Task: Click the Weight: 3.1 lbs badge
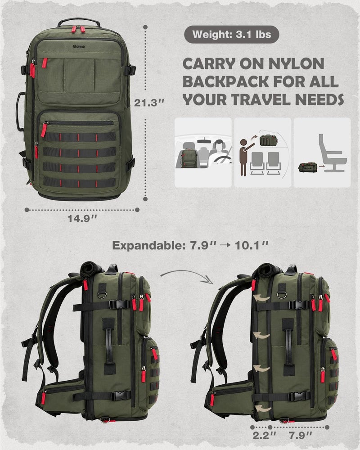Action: coord(231,35)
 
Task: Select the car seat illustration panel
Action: coord(203,153)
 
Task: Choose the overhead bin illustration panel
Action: coord(263,153)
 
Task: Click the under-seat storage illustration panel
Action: coord(322,153)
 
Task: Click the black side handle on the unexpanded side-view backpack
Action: coord(108,344)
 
